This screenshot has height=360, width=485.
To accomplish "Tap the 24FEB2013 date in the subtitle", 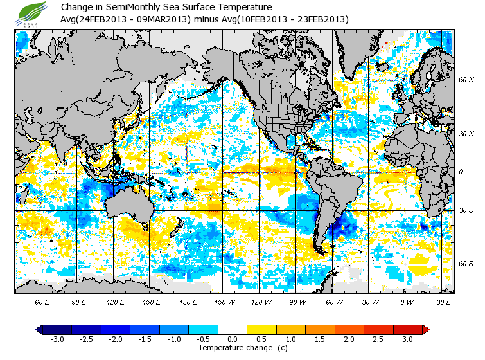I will pyautogui.click(x=104, y=19).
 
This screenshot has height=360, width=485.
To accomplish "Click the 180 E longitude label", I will pyautogui.click(x=188, y=301).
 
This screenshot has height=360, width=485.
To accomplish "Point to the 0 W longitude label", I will pyautogui.click(x=406, y=301).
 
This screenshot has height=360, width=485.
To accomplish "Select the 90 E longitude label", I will pyautogui.click(x=80, y=301).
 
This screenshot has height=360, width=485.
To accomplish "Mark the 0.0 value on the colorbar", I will pyautogui.click(x=233, y=339).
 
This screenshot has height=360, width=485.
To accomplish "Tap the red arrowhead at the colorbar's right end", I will pyautogui.click(x=426, y=329).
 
